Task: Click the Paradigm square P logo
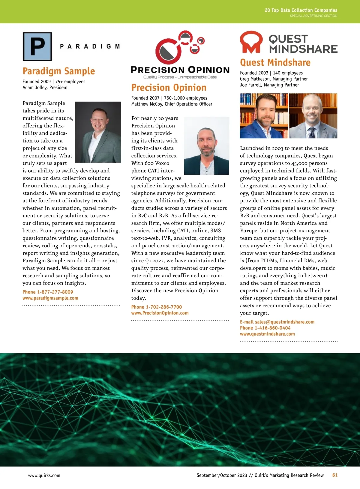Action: (x=37, y=46)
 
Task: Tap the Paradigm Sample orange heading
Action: (x=59, y=71)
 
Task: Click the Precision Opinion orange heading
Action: (x=169, y=88)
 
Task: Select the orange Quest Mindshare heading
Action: (x=275, y=62)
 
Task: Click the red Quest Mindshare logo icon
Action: (x=251, y=42)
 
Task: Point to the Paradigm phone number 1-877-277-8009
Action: (x=55, y=292)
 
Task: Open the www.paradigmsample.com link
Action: (x=50, y=298)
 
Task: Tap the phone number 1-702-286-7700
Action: (x=164, y=307)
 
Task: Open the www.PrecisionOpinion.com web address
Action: (x=160, y=313)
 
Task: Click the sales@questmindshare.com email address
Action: (x=285, y=322)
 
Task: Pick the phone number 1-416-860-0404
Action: (x=272, y=328)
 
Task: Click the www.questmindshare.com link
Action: (x=267, y=334)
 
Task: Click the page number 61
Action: (x=335, y=475)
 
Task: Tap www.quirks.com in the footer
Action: (x=44, y=476)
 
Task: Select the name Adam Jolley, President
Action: (x=45, y=88)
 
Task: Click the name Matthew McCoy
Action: (x=147, y=104)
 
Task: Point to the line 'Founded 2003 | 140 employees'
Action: (x=271, y=73)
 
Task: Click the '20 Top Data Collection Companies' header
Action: (x=301, y=10)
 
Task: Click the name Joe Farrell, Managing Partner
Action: (x=269, y=85)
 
